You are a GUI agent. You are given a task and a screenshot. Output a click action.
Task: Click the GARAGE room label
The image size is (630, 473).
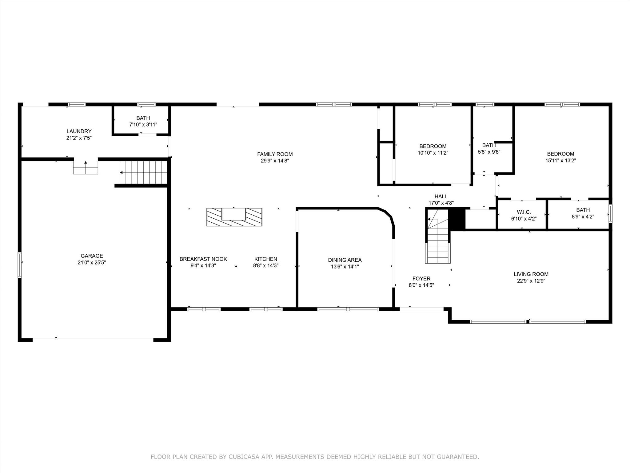92,256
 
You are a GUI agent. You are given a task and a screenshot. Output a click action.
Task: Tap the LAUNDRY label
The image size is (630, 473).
79,131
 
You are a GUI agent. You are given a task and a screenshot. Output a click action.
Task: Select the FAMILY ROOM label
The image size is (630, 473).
275,154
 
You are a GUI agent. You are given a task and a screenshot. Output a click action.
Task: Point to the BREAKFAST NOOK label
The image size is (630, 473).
203,259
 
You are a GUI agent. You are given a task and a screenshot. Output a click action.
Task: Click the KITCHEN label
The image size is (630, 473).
266,259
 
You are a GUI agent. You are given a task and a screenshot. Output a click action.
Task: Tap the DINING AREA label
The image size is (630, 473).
345,260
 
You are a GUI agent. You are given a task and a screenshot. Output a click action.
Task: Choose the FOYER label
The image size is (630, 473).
421,279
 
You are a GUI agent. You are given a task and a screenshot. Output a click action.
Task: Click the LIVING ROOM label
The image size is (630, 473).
531,274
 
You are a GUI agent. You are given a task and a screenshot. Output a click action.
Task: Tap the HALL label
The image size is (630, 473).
441,196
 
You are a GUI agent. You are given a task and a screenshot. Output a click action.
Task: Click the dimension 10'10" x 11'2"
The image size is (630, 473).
433,153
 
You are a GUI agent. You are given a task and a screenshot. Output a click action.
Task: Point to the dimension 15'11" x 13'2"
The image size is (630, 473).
561,160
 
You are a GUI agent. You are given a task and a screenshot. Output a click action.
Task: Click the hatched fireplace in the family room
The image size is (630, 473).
234,217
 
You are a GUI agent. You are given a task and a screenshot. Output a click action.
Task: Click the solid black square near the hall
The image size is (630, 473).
457,219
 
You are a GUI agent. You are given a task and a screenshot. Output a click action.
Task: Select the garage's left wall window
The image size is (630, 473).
20,265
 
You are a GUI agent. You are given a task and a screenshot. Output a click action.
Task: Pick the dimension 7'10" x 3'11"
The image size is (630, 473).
143,125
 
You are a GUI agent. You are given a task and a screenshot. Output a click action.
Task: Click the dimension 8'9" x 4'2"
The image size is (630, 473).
583,216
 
